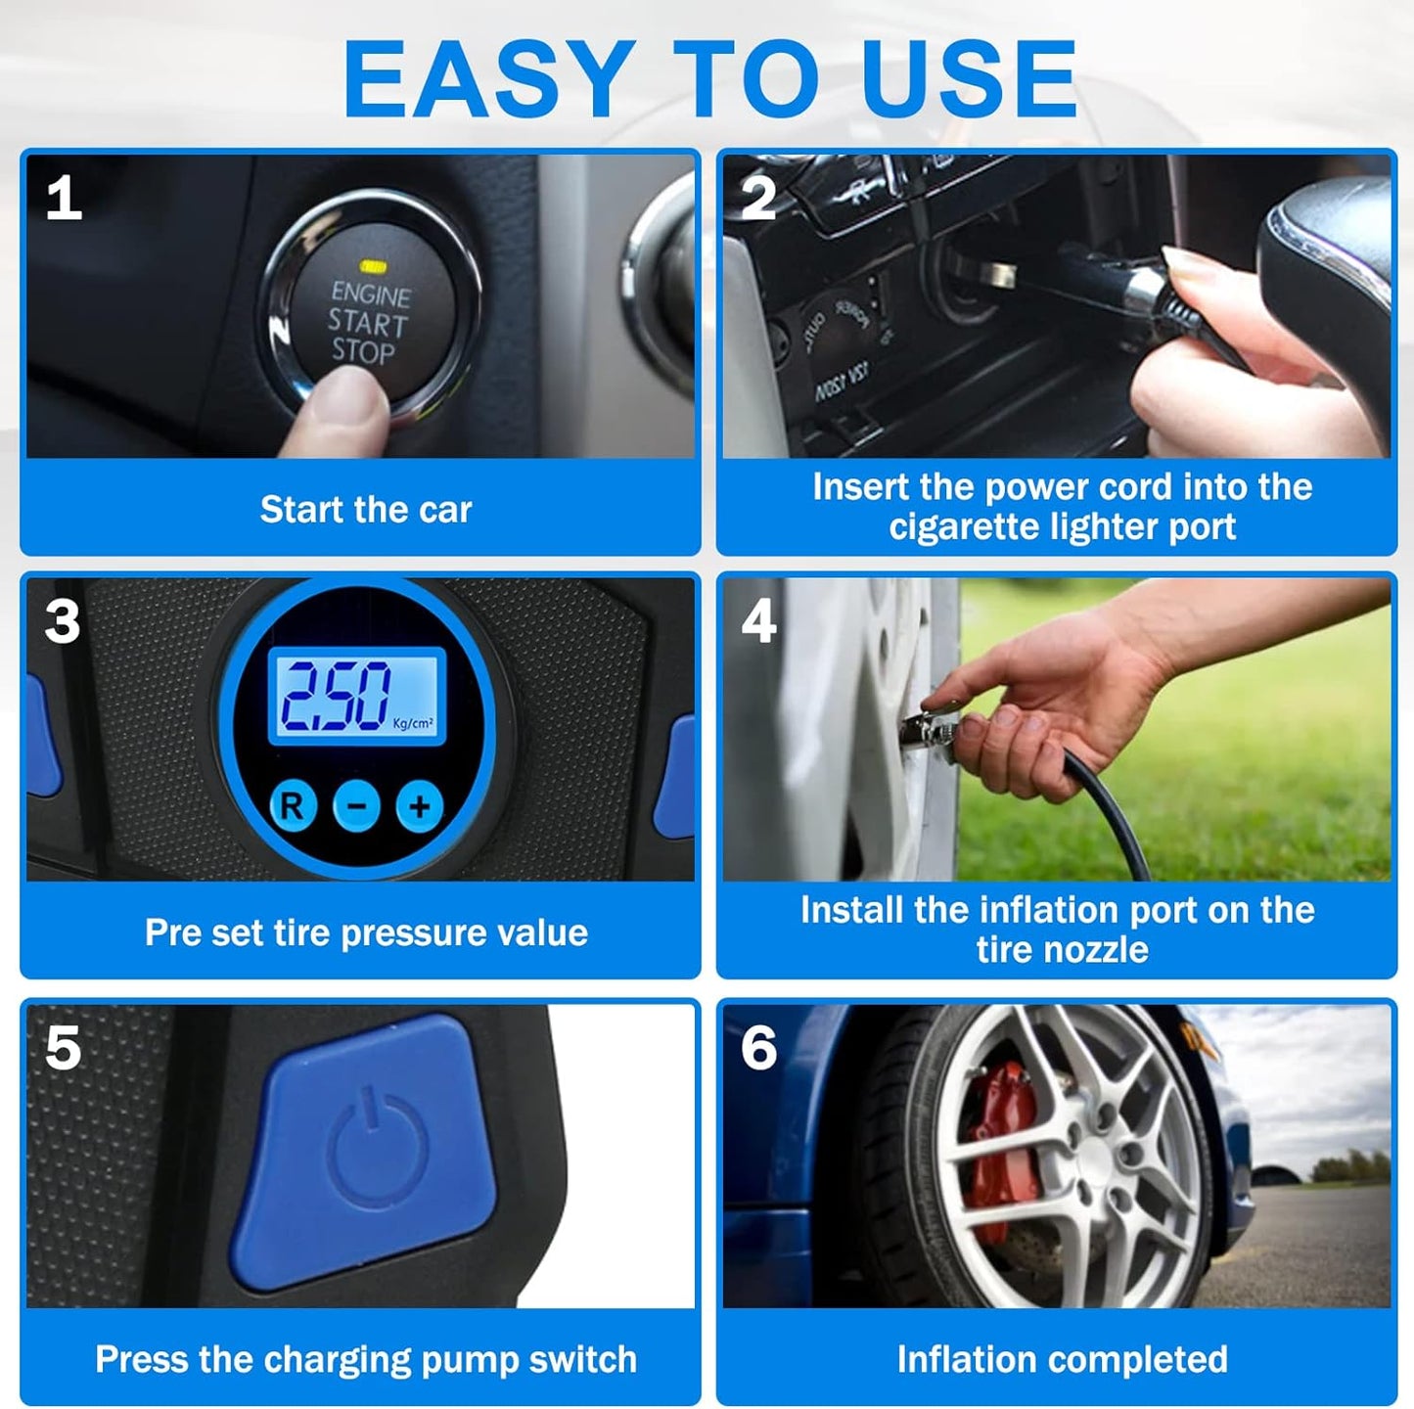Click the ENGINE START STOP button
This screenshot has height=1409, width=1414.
(371, 313)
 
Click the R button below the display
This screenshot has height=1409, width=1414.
(292, 806)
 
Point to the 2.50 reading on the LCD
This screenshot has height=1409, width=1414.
(336, 697)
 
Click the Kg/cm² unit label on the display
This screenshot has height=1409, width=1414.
(413, 723)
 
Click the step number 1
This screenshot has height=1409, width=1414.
(64, 199)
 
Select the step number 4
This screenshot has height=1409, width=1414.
(758, 620)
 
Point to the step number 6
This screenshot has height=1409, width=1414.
(758, 1048)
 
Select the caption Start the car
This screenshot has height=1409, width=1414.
(365, 510)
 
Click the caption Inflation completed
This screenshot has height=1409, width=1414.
(1062, 1359)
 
